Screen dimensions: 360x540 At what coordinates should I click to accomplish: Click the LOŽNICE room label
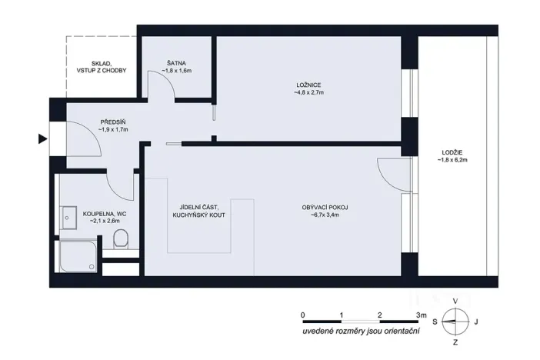pyautogui.click(x=308, y=84)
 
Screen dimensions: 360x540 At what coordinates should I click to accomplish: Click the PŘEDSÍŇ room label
pyautogui.click(x=112, y=122)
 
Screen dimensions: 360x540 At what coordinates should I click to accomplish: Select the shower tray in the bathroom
pyautogui.click(x=78, y=254)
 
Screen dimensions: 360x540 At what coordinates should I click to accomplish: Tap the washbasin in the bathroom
pyautogui.click(x=68, y=216)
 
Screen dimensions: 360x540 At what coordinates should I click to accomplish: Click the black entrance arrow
pyautogui.click(x=42, y=139)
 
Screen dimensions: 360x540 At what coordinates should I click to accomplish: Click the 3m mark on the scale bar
pyautogui.click(x=418, y=315)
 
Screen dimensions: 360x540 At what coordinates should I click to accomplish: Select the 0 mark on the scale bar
pyautogui.click(x=304, y=315)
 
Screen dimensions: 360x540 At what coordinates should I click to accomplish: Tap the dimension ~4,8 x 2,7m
pyautogui.click(x=308, y=92)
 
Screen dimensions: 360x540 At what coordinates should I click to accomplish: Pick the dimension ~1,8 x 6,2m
pyautogui.click(x=452, y=161)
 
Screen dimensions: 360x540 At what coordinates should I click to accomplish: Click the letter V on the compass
pyautogui.click(x=455, y=301)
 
